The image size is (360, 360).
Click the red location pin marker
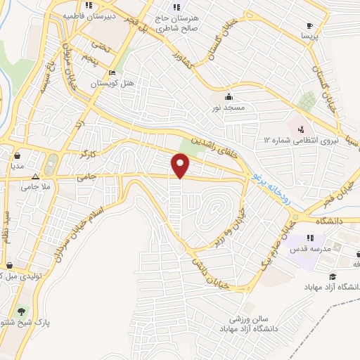[x=181, y=165]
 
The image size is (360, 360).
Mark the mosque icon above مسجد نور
[x=228, y=97]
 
